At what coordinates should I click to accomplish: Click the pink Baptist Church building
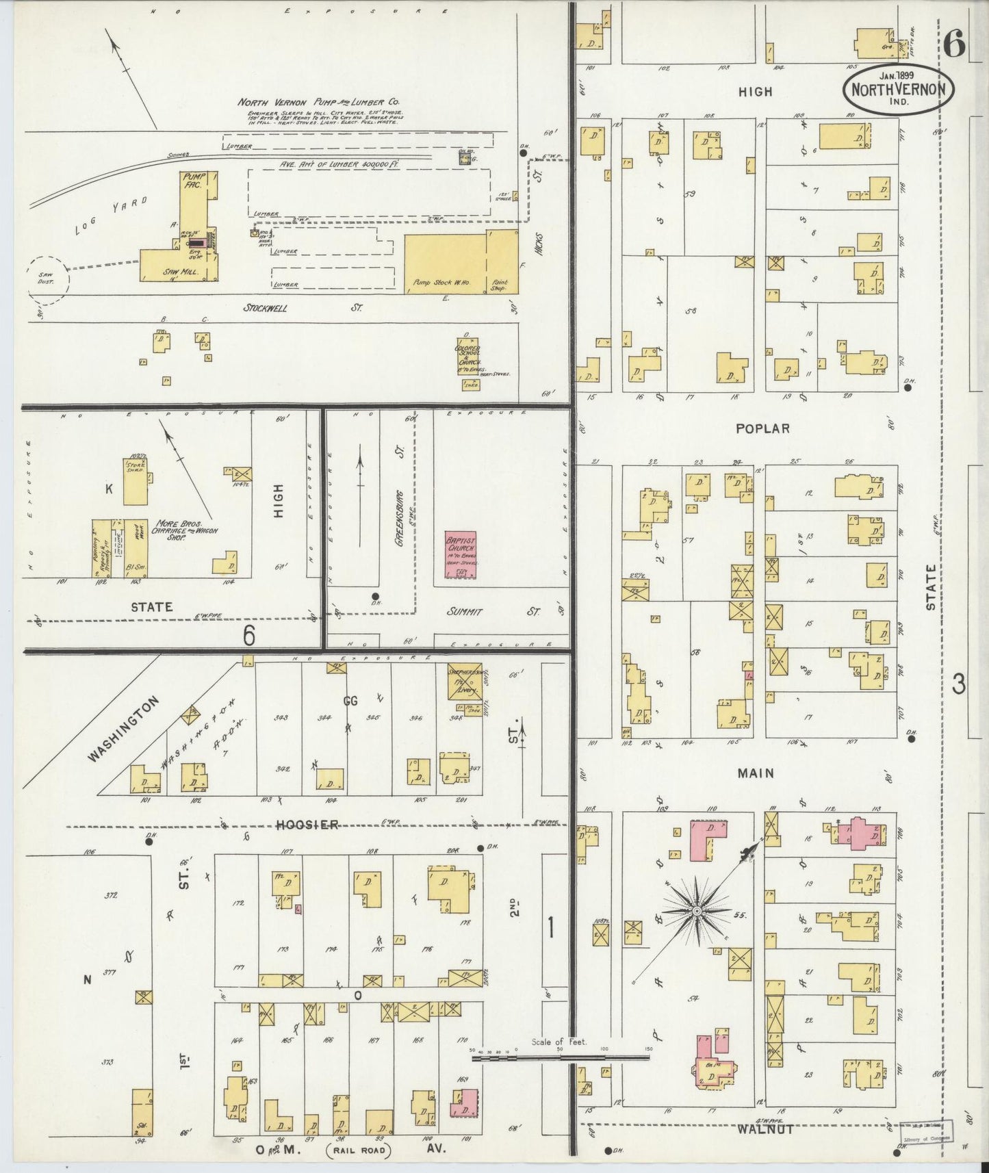click(x=460, y=554)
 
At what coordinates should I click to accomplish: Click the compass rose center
click(x=696, y=912)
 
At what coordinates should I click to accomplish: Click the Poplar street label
click(x=762, y=428)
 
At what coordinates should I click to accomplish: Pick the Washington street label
click(x=124, y=729)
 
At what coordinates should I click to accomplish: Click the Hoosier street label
click(x=307, y=825)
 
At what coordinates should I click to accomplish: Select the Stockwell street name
click(x=266, y=308)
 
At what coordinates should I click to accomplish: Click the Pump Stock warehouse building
click(x=444, y=263)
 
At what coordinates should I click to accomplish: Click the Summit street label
click(x=464, y=611)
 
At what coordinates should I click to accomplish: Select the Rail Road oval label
click(x=358, y=1150)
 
